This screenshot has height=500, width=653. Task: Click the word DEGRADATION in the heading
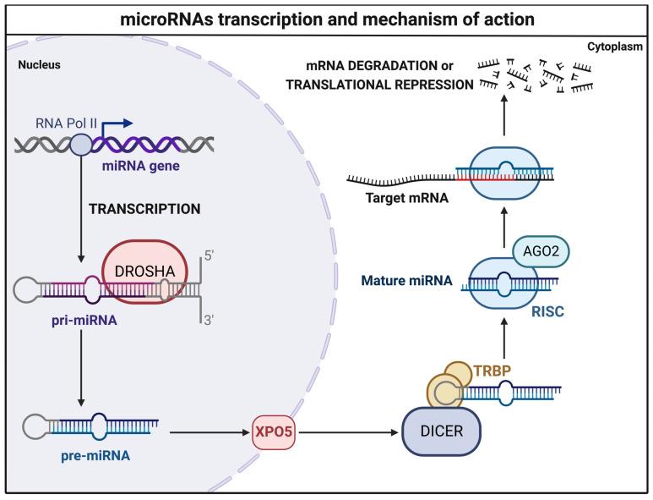[403, 68]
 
